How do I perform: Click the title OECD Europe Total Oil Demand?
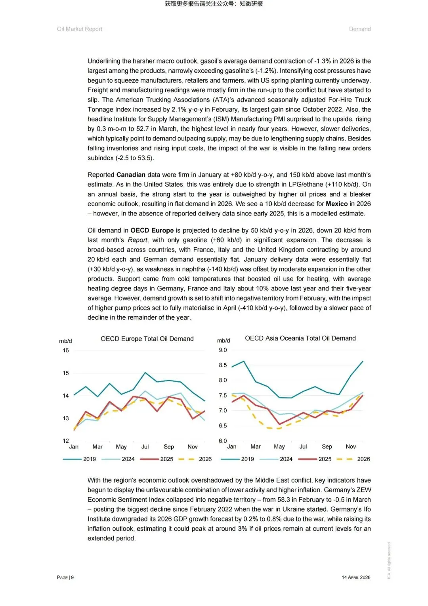(147, 339)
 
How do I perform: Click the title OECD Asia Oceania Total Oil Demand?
(300, 338)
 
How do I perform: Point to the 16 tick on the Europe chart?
(66, 350)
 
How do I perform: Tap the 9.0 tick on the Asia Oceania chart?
(223, 350)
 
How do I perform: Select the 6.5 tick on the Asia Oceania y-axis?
(223, 426)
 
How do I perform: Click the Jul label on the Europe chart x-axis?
(145, 446)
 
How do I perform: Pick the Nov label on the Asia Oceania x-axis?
(350, 446)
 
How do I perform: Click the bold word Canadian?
(131, 175)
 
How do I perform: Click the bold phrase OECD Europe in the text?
(152, 230)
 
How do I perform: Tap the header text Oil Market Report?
(80, 29)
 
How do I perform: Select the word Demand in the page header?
(360, 29)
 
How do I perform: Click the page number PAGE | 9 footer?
(65, 577)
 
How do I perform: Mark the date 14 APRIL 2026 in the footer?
(356, 577)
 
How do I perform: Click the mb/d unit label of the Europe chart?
(65, 341)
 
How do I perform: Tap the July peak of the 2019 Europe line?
(145, 373)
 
